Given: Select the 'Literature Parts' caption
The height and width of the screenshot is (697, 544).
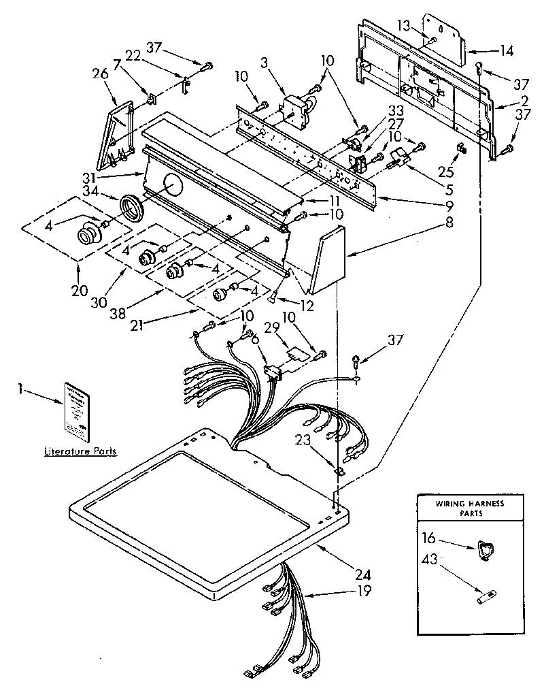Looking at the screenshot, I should coord(80,451).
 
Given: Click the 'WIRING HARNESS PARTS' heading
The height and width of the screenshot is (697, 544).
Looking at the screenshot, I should coord(469,508).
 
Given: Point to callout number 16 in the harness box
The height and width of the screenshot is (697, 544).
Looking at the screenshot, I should coord(429,538).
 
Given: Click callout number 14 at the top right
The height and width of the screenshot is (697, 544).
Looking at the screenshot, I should coord(505,50).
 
